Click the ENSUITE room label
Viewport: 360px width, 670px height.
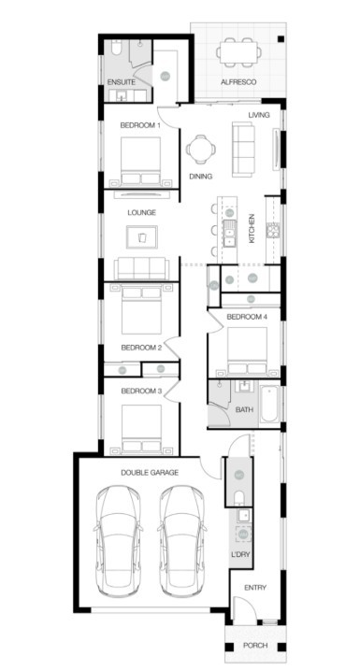click(122, 83)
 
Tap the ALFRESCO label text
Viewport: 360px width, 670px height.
click(238, 83)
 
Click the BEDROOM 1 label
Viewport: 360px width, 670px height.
click(140, 124)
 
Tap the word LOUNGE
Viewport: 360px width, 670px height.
click(141, 213)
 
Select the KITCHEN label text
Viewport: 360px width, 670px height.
click(252, 229)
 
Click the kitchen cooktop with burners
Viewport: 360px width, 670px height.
click(274, 231)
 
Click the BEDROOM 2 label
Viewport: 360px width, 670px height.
click(141, 348)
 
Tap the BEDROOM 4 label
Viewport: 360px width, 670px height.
click(247, 318)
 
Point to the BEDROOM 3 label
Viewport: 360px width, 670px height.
click(141, 391)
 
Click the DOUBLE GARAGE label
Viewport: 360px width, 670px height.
click(150, 473)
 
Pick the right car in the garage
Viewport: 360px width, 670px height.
click(180, 542)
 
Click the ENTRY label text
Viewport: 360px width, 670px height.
click(254, 587)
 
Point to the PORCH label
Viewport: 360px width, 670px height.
click(254, 646)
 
